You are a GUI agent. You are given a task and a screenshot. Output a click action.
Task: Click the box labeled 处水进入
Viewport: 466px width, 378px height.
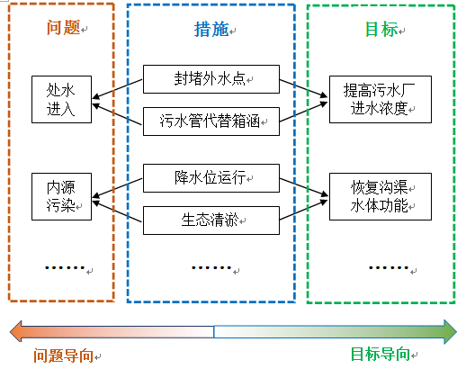click(x=61, y=100)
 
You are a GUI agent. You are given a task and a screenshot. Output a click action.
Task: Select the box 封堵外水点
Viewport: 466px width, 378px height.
click(x=211, y=79)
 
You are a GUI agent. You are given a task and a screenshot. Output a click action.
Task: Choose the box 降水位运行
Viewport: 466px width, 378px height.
click(x=211, y=177)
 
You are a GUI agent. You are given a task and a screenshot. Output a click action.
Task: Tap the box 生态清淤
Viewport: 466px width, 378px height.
click(x=211, y=219)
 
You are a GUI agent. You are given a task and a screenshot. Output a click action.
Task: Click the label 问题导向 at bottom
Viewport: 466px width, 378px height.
click(x=62, y=355)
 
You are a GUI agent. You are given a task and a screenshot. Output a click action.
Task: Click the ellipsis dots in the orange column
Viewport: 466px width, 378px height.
click(x=63, y=266)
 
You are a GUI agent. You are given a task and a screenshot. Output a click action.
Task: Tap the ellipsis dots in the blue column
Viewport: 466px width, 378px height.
click(x=211, y=266)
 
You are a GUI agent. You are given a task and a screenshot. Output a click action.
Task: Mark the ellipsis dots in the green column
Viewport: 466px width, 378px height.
click(x=389, y=266)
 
